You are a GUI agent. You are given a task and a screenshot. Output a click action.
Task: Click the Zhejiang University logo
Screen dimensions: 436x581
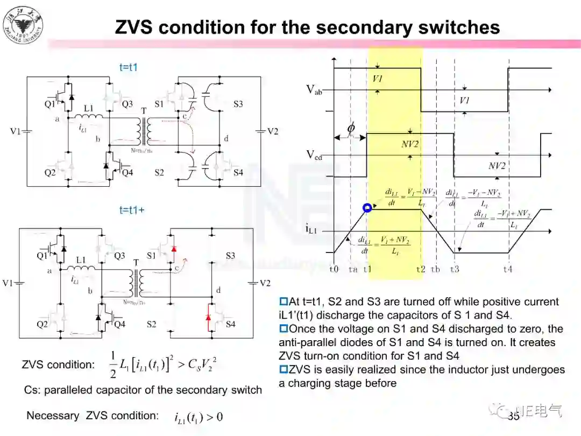coord(23,25)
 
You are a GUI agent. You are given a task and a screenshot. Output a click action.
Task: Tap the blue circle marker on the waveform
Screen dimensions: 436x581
coord(367,208)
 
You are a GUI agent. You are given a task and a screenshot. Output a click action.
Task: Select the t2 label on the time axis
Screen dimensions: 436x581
coord(420,269)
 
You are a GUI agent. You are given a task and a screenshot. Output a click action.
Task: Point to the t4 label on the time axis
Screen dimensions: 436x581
coord(508,269)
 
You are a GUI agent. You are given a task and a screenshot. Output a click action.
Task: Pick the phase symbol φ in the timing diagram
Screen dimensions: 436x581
coord(351,129)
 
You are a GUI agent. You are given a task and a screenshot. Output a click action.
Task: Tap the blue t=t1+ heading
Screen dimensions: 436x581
coord(132,210)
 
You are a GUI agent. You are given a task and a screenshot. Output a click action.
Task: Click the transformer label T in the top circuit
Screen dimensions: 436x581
coord(143,110)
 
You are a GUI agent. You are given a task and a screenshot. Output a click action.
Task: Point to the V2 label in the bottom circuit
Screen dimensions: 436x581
coord(265,283)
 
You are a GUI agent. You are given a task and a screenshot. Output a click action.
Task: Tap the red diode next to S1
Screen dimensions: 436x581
coord(174,250)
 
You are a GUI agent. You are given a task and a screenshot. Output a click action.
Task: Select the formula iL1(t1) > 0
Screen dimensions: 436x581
coord(199,417)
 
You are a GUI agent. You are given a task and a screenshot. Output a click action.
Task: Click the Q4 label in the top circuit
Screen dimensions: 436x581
coord(127,172)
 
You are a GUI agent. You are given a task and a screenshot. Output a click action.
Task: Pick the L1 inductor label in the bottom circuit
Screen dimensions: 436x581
coord(81,260)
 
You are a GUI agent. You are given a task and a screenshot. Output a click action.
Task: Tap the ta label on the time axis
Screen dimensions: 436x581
coord(353,269)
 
